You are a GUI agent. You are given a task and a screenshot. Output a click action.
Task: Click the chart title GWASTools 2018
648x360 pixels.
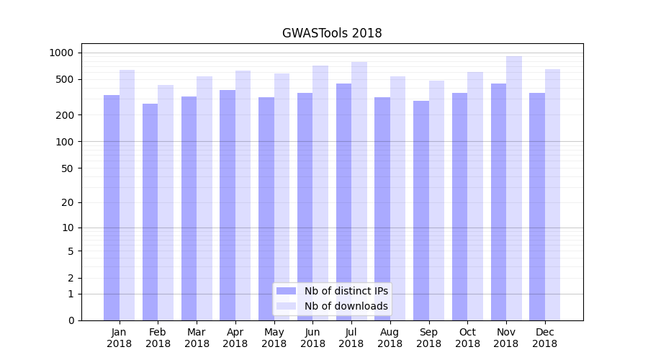tap(332, 33)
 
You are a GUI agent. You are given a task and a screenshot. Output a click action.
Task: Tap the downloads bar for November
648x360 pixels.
tap(514, 188)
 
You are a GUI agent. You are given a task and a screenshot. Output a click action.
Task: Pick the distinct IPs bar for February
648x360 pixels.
tap(150, 212)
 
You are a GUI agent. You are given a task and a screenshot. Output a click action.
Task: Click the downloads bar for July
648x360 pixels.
tap(359, 191)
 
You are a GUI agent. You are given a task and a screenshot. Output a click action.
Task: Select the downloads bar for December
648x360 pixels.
tap(552, 194)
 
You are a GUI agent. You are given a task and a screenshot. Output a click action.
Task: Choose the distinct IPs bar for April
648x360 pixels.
tap(228, 205)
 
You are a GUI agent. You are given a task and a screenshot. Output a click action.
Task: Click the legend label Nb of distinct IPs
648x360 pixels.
tap(346, 291)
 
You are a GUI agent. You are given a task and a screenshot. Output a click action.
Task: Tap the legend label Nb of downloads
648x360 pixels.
tap(346, 306)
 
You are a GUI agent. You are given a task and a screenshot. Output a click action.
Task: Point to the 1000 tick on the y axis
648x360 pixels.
tap(61, 53)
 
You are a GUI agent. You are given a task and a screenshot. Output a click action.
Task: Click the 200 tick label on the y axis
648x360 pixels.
tap(65, 115)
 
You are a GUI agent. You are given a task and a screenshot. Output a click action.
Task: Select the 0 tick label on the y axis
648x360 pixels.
tap(71, 320)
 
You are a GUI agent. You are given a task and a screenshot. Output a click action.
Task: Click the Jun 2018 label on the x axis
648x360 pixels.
tap(312, 338)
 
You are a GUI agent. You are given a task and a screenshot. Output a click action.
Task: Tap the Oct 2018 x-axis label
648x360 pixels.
tap(467, 338)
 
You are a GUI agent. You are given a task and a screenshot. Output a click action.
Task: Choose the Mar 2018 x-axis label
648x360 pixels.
tap(197, 338)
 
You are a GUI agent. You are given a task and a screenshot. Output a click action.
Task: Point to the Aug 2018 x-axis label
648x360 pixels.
tap(390, 338)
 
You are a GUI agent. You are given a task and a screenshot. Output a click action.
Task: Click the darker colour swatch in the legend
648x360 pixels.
tap(286, 291)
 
